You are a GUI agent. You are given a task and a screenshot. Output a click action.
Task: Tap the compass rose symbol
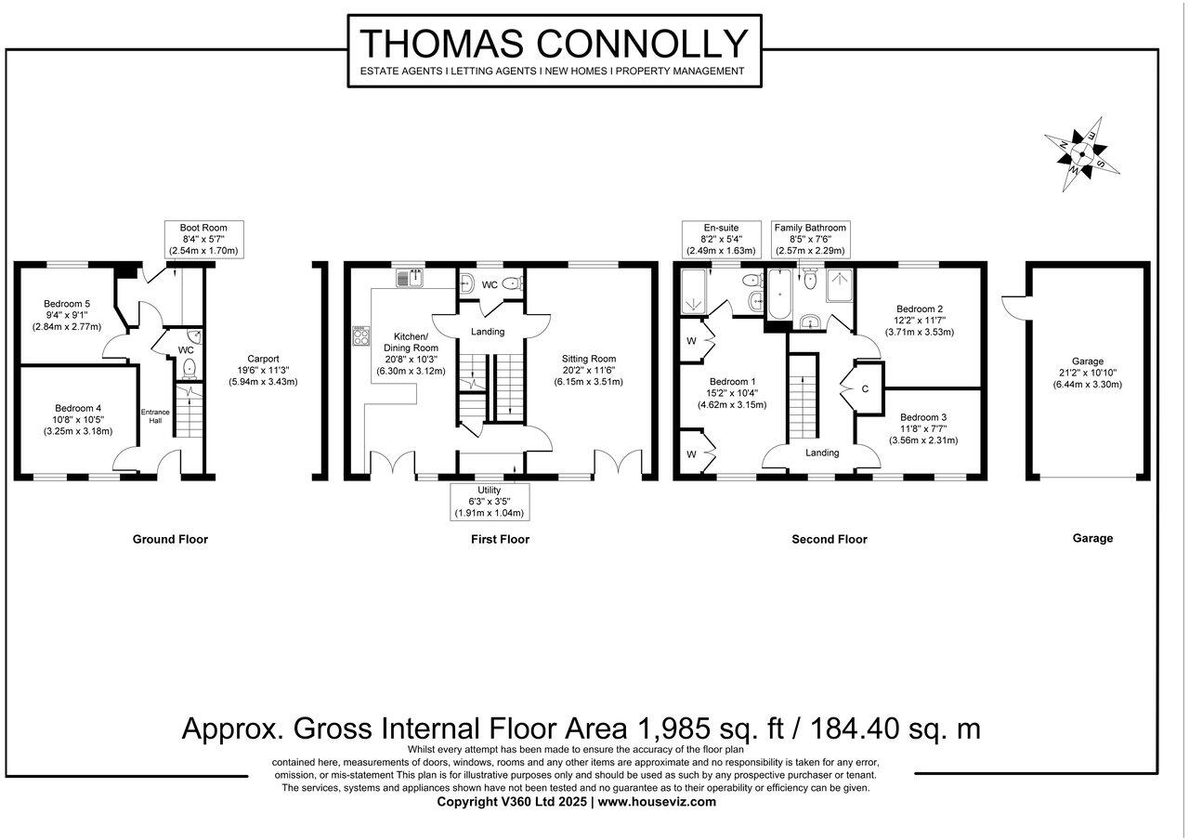tap(1079, 152)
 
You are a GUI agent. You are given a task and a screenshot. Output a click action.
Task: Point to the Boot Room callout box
tap(203, 239)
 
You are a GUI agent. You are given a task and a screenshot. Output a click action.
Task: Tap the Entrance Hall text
tap(155, 416)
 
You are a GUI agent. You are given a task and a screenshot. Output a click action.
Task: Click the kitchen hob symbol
tap(358, 335)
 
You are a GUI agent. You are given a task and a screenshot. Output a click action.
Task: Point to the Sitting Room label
tap(588, 370)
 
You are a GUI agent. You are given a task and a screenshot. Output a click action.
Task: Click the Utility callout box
tap(489, 501)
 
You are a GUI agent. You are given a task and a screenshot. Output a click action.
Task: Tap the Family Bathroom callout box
tap(810, 239)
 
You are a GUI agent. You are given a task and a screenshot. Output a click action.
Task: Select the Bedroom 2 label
tap(920, 320)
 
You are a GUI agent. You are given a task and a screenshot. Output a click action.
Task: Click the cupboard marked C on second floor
tap(865, 388)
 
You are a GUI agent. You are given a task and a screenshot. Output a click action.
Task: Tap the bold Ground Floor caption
tap(170, 539)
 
